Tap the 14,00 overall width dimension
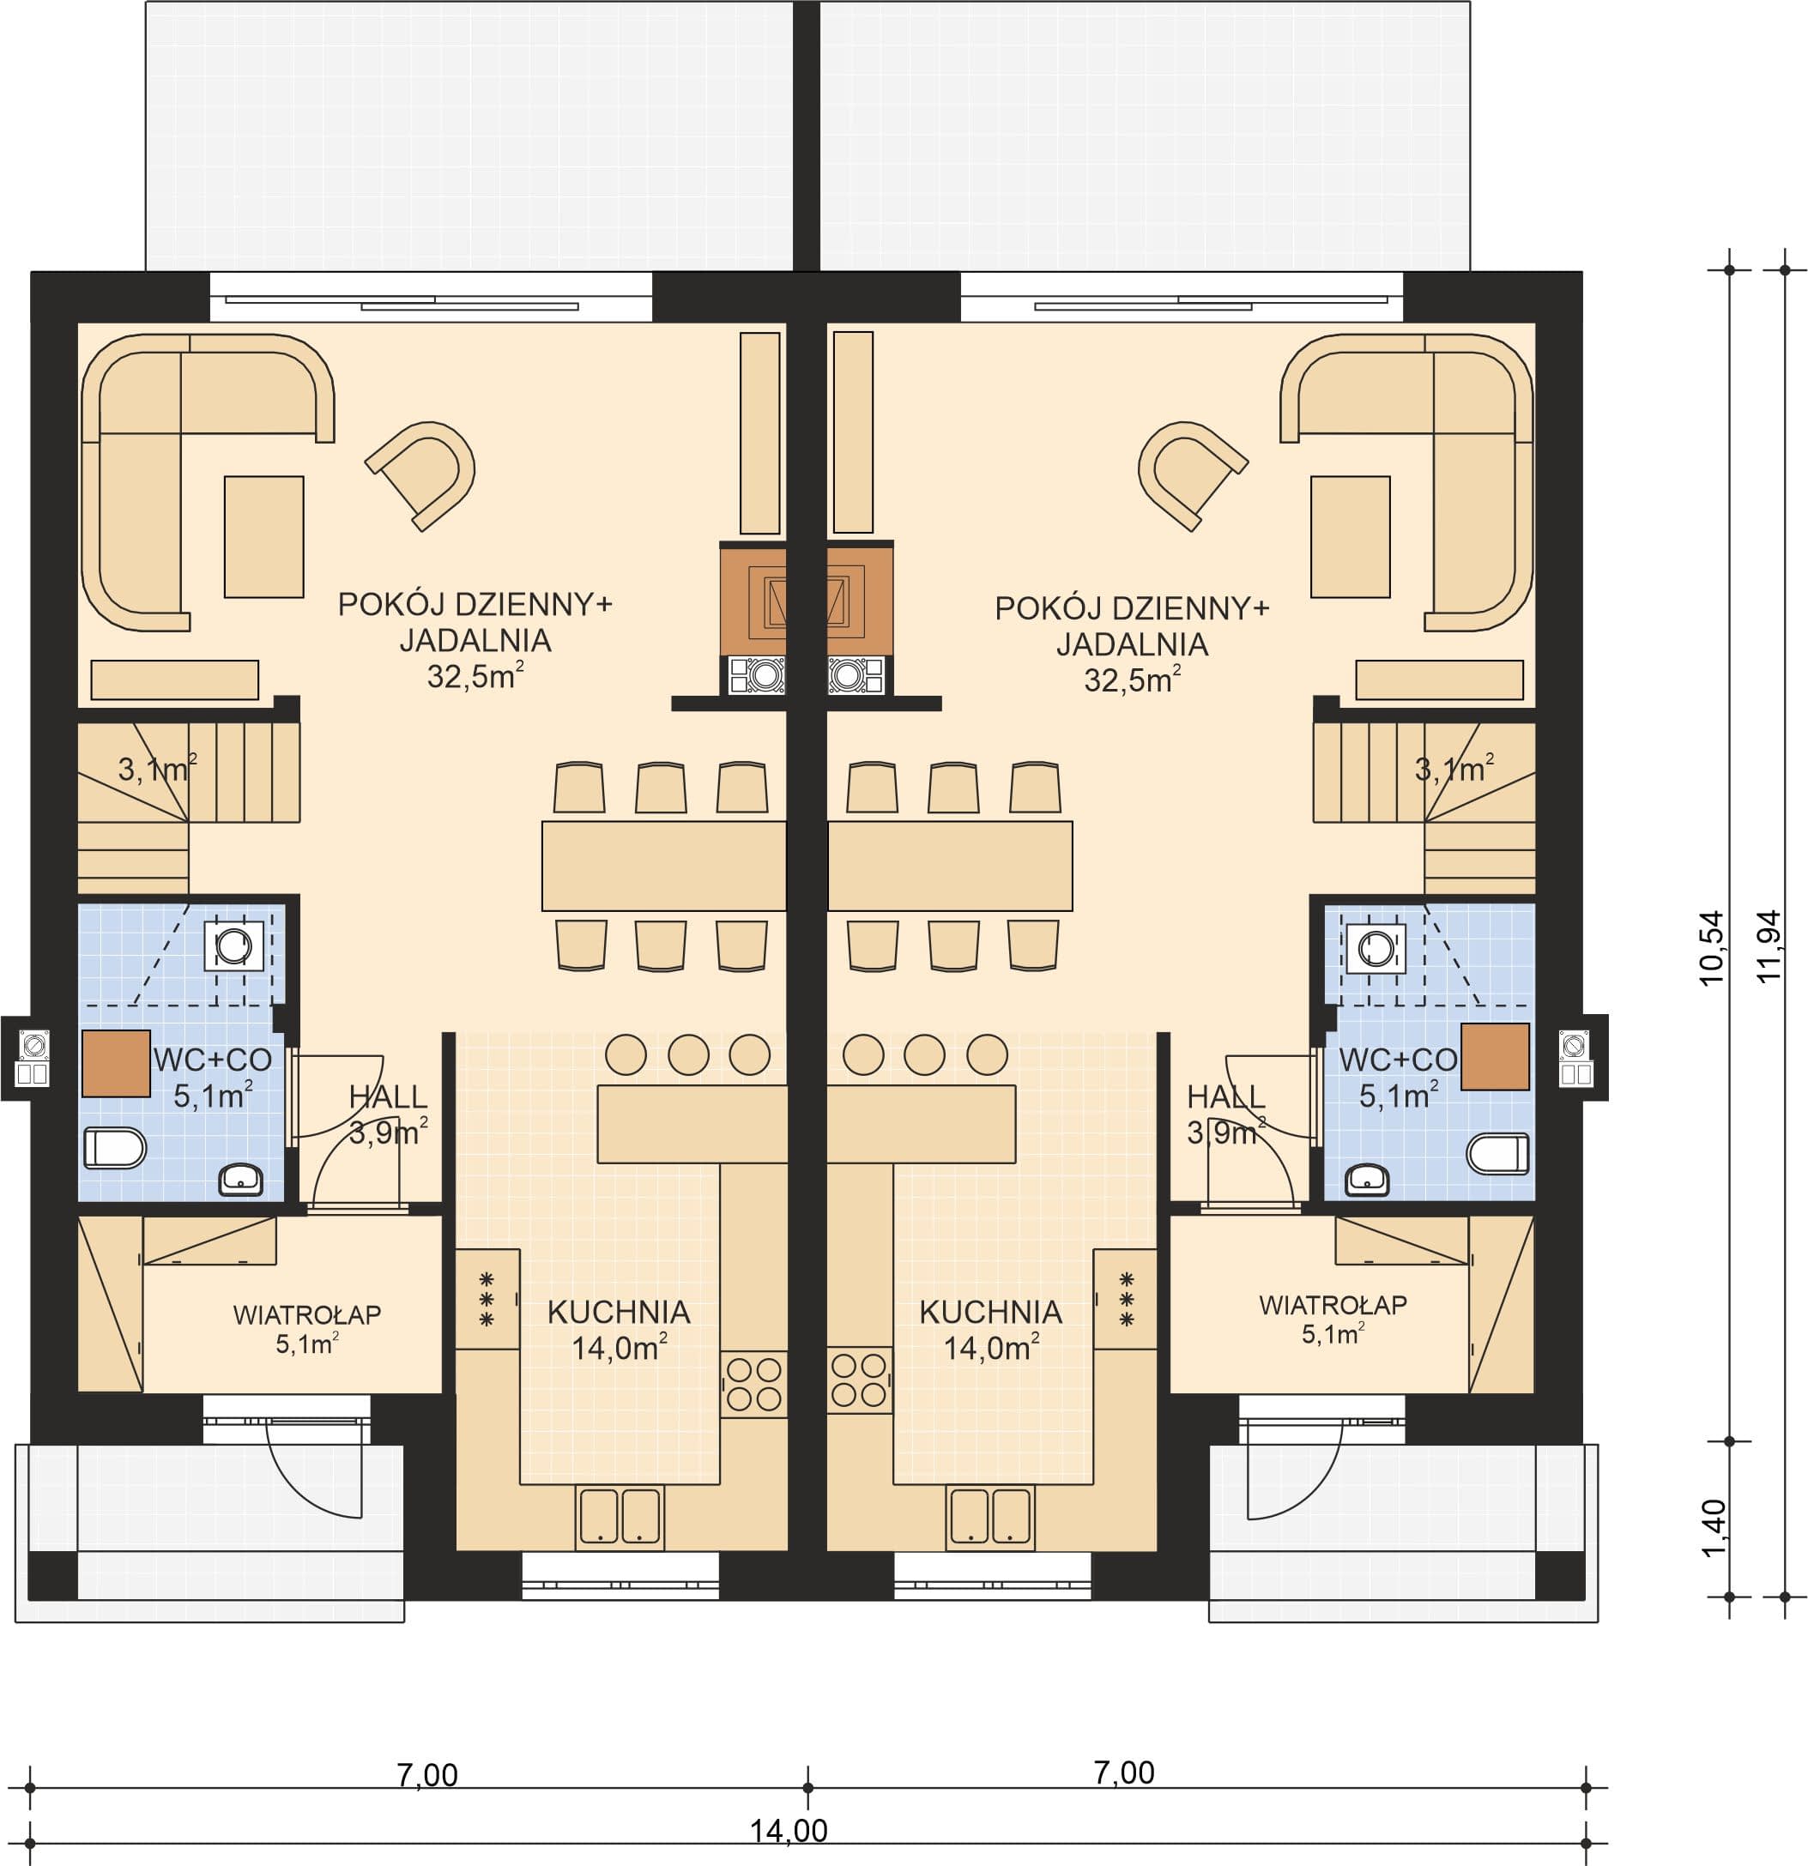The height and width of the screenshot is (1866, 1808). click(789, 1830)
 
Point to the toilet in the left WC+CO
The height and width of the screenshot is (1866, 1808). click(115, 1147)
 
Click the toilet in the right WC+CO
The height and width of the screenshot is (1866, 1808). click(1497, 1153)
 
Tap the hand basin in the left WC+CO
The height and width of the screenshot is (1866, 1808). click(242, 1180)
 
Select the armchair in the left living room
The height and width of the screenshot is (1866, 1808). click(420, 475)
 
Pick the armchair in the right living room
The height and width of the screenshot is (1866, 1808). click(1192, 475)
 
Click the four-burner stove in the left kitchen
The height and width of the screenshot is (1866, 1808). click(754, 1383)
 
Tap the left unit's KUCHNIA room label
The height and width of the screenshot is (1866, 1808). click(619, 1313)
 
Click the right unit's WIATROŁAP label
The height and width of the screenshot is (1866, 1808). click(1333, 1304)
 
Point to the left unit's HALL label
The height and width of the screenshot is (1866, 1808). click(389, 1096)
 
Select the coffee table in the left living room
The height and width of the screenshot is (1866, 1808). click(263, 537)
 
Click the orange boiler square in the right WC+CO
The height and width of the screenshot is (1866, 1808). click(1496, 1056)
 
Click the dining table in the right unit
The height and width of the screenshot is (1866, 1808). click(950, 866)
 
